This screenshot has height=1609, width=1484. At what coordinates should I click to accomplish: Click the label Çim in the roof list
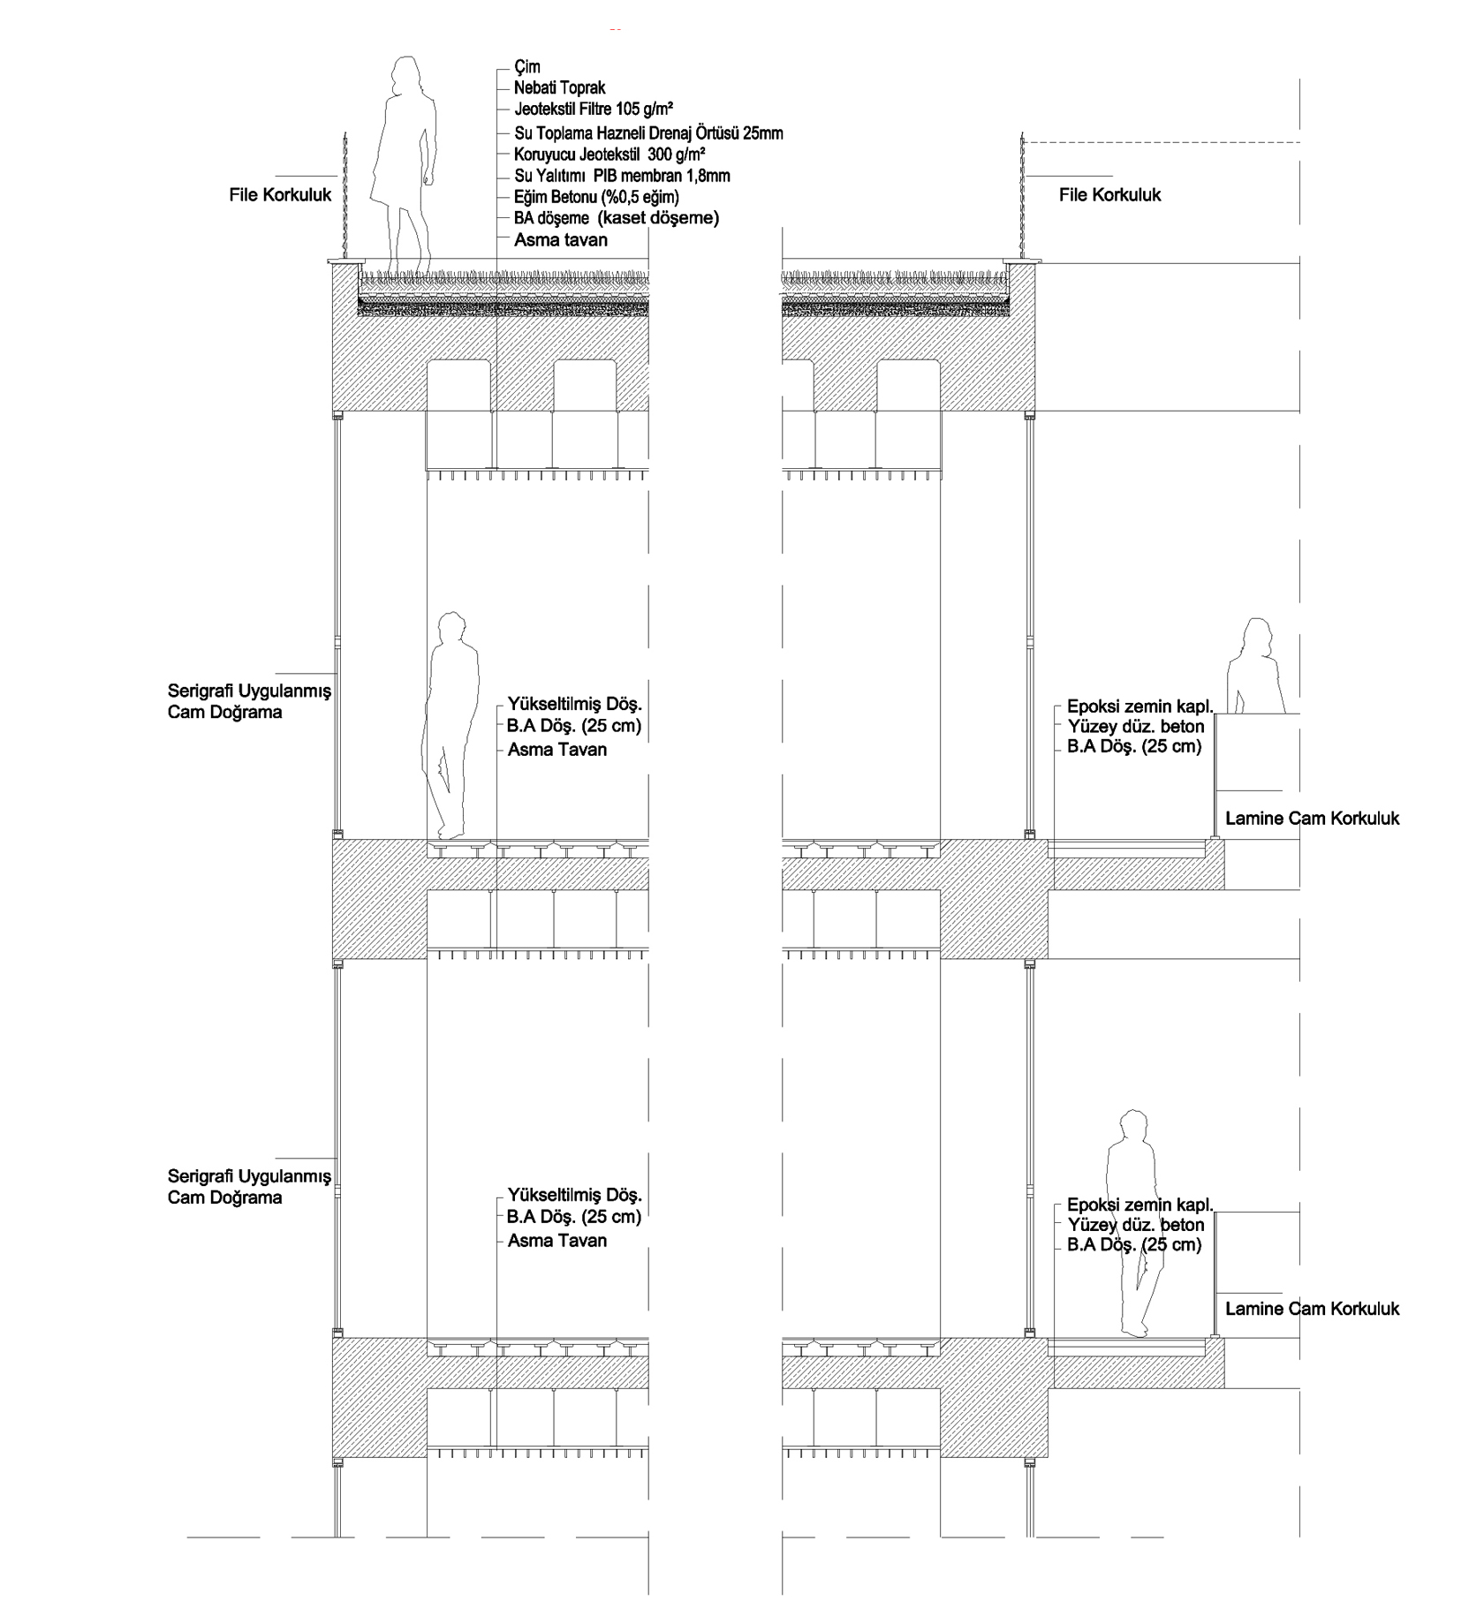[x=527, y=66]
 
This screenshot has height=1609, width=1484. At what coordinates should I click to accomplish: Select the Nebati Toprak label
[x=560, y=88]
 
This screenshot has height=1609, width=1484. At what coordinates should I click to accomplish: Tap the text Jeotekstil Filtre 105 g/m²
[x=594, y=110]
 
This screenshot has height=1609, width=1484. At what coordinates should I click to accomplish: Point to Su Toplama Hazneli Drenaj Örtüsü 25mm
[x=649, y=133]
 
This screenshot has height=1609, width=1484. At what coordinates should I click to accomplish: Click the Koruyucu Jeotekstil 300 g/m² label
[x=609, y=154]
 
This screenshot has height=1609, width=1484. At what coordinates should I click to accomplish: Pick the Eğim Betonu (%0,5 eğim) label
[x=597, y=197]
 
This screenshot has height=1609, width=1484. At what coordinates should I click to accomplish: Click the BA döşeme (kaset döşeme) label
[x=617, y=218]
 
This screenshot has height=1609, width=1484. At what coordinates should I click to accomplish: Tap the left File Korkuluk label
[x=280, y=195]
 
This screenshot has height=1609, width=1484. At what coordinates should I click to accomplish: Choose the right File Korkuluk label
[x=1110, y=195]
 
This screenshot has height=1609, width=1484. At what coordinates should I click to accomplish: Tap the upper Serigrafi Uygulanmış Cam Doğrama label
[x=249, y=702]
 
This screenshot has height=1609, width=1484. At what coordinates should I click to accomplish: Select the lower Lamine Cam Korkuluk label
[x=1313, y=1309]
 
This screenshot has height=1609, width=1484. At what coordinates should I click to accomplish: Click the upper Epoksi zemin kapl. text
[x=1140, y=706]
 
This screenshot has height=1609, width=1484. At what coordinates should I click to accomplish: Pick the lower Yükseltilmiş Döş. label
[x=575, y=1195]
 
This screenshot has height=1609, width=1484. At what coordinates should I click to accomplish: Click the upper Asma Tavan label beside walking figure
[x=557, y=750]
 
